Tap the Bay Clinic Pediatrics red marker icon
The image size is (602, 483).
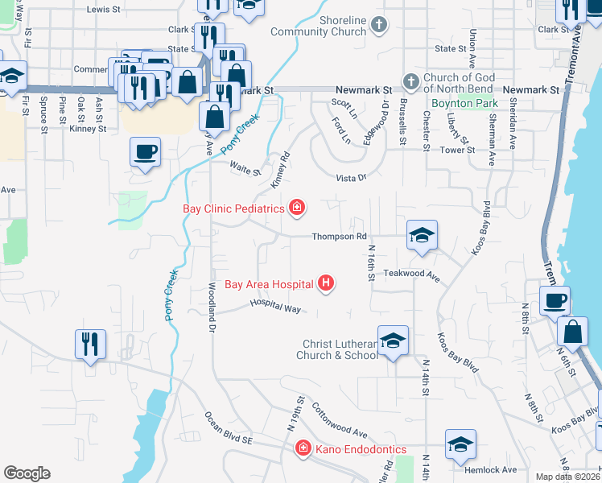[x=297, y=208]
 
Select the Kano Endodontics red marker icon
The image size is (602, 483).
[x=303, y=448]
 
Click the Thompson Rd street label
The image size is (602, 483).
[x=339, y=237]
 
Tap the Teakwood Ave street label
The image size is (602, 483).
[x=411, y=275]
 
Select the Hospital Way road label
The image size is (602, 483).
[x=274, y=306]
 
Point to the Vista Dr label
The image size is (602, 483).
[x=350, y=177]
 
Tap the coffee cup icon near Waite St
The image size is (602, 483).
[x=145, y=152]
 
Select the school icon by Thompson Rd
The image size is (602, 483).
[x=422, y=235]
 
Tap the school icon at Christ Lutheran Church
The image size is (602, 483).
[x=393, y=341]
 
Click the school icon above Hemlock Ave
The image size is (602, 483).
[x=460, y=444]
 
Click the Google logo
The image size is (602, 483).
[x=26, y=473]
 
